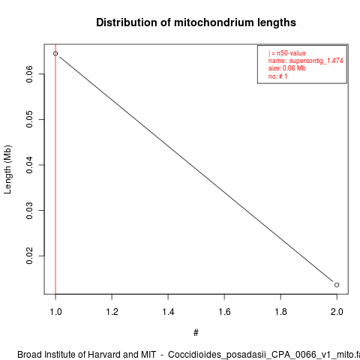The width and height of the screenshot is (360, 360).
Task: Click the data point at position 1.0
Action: (55, 53)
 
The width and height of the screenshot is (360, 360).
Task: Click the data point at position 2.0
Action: (337, 285)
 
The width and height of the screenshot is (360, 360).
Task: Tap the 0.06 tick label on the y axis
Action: (29, 74)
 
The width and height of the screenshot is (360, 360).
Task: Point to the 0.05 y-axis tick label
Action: (29, 119)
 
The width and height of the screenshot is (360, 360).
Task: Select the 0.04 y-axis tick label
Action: (29, 165)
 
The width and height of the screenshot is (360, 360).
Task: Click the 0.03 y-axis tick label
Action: (29, 211)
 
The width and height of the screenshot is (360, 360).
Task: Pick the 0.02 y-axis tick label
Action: (29, 256)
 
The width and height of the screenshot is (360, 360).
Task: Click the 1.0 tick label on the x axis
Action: (55, 312)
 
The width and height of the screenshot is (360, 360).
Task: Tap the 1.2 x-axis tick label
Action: (112, 312)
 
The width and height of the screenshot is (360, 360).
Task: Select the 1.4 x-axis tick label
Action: (168, 312)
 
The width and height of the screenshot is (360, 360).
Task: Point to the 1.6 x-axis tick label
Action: (224, 312)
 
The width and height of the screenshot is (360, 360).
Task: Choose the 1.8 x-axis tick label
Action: (280, 312)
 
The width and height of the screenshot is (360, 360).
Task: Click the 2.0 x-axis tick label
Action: (337, 312)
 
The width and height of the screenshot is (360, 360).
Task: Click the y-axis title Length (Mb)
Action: (7, 169)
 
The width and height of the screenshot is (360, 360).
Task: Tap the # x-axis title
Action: (196, 333)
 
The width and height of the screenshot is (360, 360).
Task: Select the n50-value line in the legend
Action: (287, 53)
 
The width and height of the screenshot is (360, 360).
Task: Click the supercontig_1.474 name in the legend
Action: (316, 61)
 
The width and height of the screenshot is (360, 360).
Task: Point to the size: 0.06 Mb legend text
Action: (287, 68)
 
